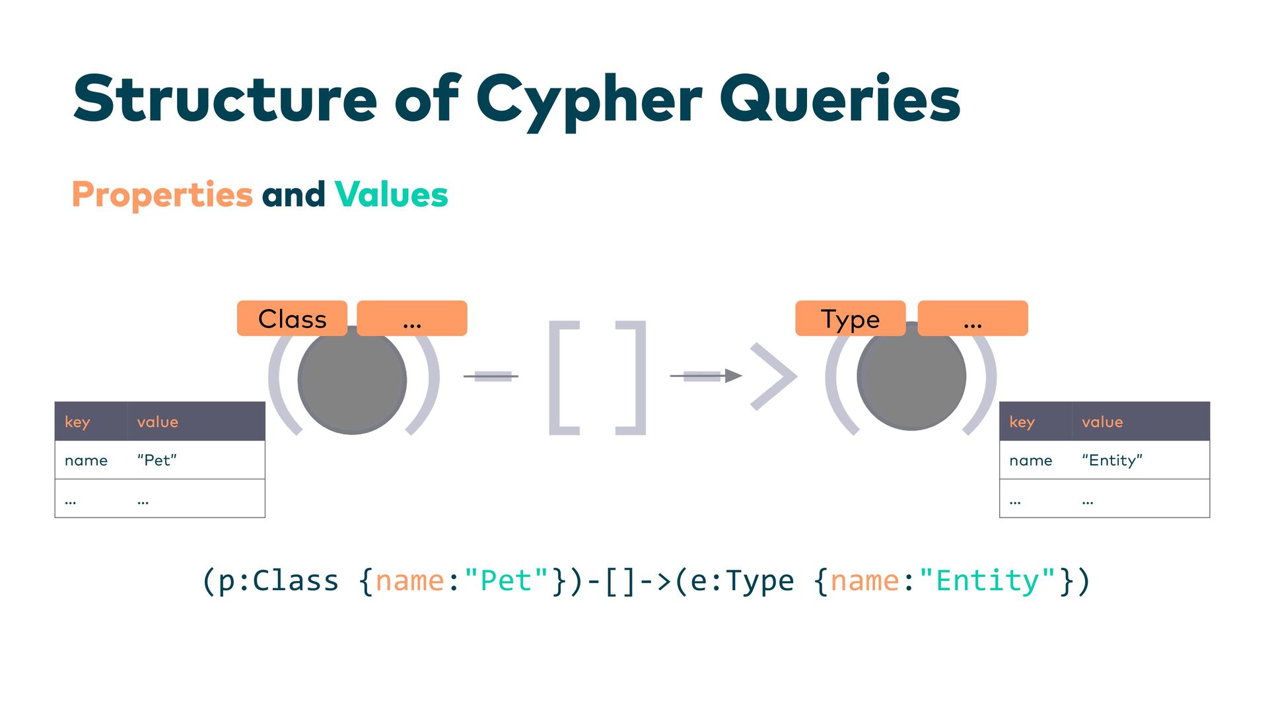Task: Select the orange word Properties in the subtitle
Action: pyautogui.click(x=162, y=195)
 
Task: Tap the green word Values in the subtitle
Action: pyautogui.click(x=391, y=195)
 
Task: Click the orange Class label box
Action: pyautogui.click(x=292, y=318)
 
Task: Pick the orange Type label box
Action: pyautogui.click(x=850, y=318)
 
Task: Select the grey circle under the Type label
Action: pyautogui.click(x=911, y=376)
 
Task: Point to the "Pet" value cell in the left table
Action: pyautogui.click(x=157, y=460)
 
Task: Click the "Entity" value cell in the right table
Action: pyautogui.click(x=1112, y=460)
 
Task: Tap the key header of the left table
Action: pyautogui.click(x=77, y=422)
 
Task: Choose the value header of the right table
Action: pyautogui.click(x=1102, y=422)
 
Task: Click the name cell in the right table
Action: pyautogui.click(x=1030, y=460)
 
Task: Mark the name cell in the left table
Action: pyautogui.click(x=86, y=460)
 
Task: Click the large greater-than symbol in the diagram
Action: pyautogui.click(x=774, y=376)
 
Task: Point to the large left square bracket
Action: pyautogui.click(x=563, y=378)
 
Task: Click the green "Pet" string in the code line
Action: pyautogui.click(x=507, y=581)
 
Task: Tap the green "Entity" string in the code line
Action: pyautogui.click(x=987, y=581)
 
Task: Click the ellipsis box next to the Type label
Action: pyautogui.click(x=972, y=318)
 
